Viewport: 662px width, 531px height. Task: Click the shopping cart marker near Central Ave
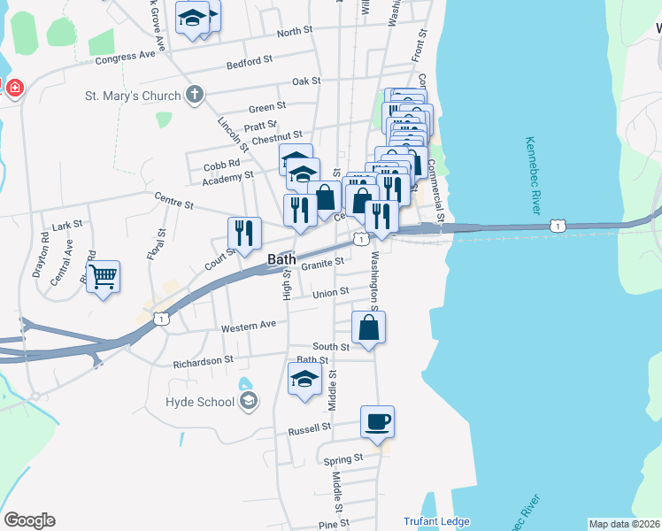(104, 277)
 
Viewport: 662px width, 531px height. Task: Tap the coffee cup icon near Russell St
(378, 422)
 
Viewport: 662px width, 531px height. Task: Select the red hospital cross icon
(15, 88)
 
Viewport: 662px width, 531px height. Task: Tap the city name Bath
(282, 259)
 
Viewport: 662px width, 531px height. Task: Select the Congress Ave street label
(125, 56)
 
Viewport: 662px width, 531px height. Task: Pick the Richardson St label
(203, 361)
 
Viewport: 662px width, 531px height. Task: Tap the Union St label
(330, 291)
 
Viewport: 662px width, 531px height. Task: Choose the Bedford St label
(249, 62)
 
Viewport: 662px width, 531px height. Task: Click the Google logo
(28, 520)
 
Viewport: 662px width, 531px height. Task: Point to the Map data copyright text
(624, 524)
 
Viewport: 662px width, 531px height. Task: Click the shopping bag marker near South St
(368, 327)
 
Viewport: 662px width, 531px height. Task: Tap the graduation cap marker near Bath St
(304, 379)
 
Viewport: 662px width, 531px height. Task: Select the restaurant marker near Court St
(244, 233)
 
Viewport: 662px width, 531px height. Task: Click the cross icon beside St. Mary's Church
(195, 94)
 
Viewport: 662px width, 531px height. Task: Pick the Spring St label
(345, 458)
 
